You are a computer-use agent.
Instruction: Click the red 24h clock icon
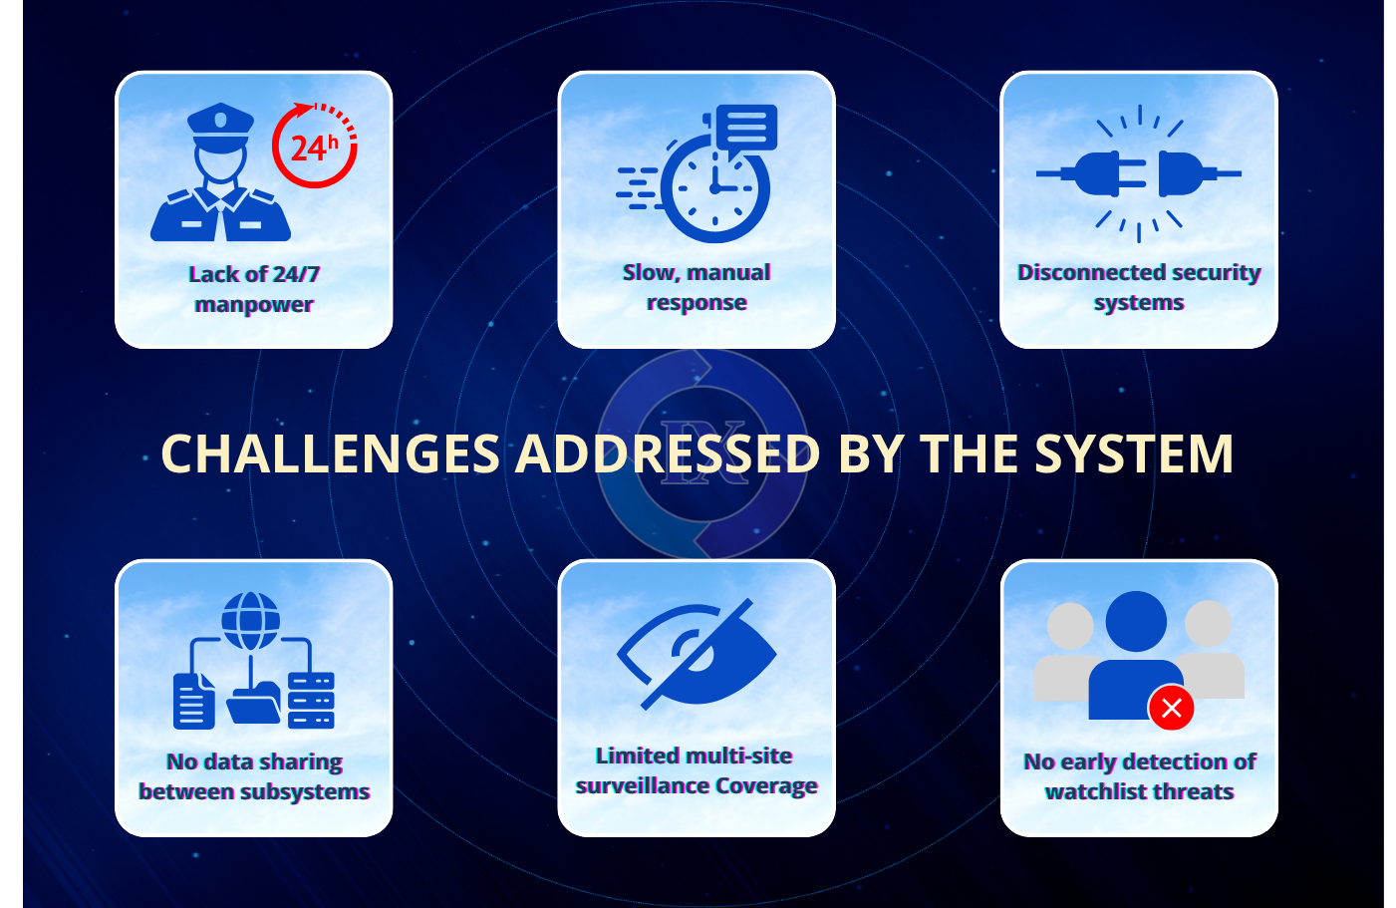point(315,147)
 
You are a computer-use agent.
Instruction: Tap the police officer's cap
point(221,122)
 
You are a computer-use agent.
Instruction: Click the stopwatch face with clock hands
point(714,189)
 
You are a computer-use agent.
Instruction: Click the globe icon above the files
point(251,620)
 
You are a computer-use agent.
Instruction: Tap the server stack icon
point(311,700)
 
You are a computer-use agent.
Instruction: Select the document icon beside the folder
point(193,701)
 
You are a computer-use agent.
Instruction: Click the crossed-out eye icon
point(698,654)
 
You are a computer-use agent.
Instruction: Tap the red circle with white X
point(1172,708)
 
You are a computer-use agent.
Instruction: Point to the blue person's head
point(1136,621)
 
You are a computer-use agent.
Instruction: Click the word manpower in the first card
point(254,305)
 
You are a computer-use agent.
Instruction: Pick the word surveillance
point(642,786)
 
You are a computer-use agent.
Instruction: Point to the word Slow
point(649,272)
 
